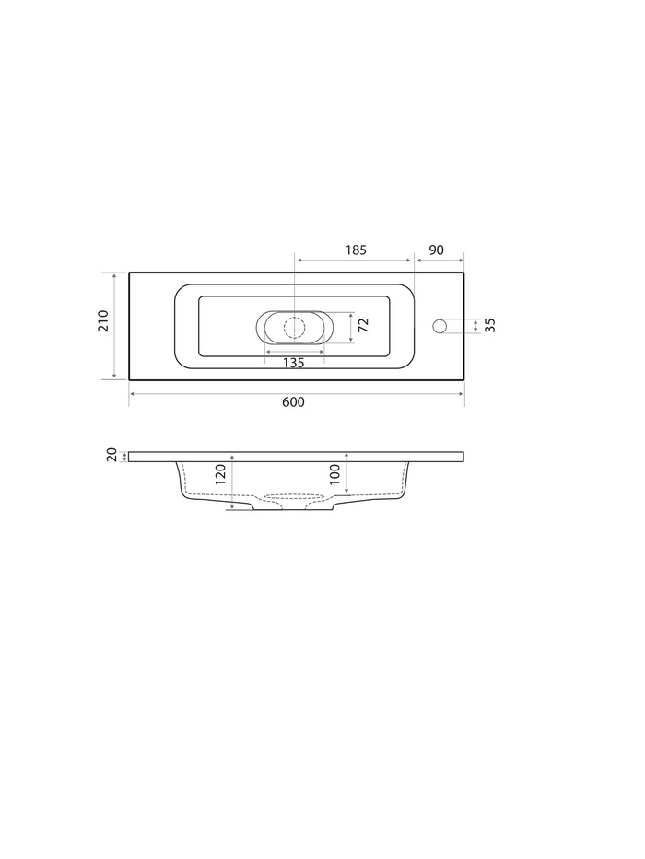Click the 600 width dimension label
click(x=293, y=402)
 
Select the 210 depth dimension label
click(x=103, y=320)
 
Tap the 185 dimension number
click(x=356, y=250)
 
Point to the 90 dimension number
click(x=436, y=250)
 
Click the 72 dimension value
click(x=363, y=325)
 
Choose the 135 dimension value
click(x=293, y=363)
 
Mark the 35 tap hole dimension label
click(x=490, y=325)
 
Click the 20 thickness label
click(x=111, y=455)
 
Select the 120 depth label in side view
click(x=220, y=474)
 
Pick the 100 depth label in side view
click(x=335, y=474)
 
